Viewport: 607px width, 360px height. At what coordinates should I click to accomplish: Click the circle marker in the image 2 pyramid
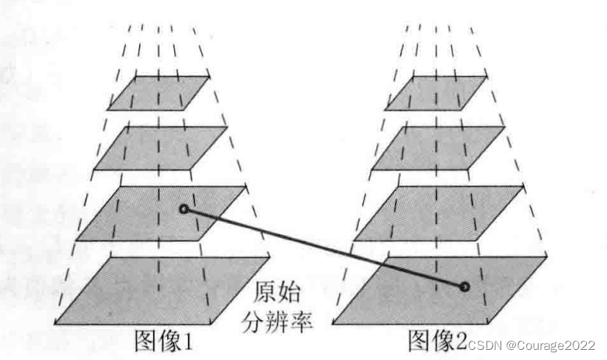point(465,287)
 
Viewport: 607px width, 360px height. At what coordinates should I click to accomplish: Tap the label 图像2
point(438,340)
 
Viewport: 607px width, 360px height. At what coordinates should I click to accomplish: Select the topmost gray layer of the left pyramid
point(159,93)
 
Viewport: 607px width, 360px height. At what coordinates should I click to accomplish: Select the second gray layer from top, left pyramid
point(158,148)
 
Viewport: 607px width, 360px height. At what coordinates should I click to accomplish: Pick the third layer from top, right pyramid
point(439,211)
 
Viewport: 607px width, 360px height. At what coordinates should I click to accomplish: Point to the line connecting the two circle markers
point(323,247)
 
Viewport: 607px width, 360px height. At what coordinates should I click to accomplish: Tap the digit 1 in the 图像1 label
point(186,341)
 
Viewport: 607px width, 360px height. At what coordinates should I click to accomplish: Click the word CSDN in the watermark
point(483,344)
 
